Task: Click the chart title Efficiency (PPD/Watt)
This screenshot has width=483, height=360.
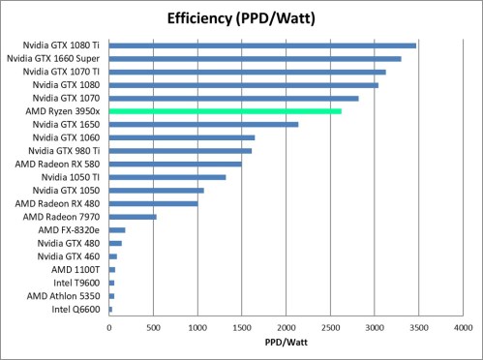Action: click(241, 18)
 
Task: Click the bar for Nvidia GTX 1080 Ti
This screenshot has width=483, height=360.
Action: click(262, 45)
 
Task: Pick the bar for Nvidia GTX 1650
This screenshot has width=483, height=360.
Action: click(203, 124)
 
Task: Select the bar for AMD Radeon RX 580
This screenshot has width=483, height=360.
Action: click(175, 164)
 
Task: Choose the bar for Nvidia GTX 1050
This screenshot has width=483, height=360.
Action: click(156, 190)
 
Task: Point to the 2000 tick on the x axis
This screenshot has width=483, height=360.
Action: click(286, 326)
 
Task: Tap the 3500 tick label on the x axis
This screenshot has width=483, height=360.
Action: click(417, 326)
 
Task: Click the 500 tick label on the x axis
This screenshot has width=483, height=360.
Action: click(153, 326)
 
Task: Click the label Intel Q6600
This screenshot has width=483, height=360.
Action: click(75, 309)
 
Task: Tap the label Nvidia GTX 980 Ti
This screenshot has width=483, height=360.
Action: click(66, 151)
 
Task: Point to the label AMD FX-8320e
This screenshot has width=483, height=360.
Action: click(70, 229)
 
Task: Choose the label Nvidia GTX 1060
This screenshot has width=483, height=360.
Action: click(68, 137)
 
